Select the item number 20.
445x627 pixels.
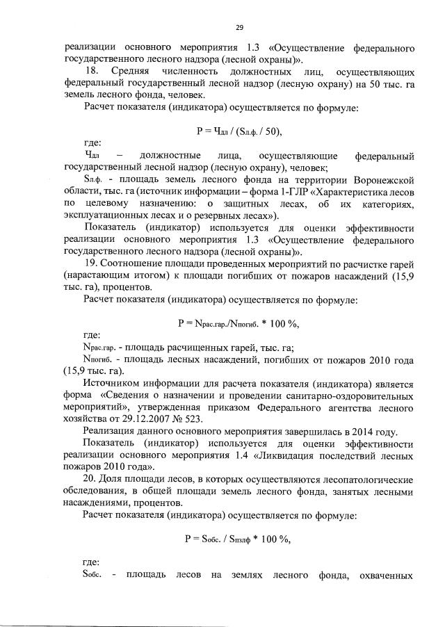[91, 479]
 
